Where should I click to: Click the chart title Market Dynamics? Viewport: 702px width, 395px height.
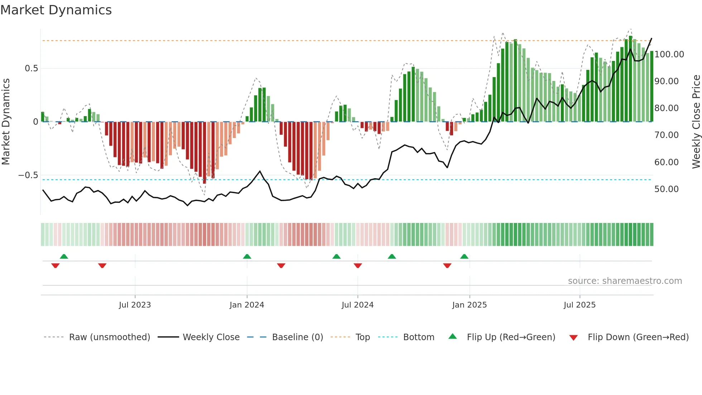(56, 10)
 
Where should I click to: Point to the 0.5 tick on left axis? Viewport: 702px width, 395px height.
(31, 68)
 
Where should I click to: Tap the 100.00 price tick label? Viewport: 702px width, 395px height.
(669, 54)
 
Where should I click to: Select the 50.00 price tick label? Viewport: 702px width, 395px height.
(666, 189)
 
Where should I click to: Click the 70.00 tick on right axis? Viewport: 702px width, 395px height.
(666, 135)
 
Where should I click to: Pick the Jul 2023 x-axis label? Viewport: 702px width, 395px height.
(135, 305)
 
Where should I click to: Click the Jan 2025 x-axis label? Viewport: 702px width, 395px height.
(469, 305)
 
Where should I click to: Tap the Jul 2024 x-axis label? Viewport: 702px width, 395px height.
(357, 305)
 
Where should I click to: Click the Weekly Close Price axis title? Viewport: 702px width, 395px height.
(696, 122)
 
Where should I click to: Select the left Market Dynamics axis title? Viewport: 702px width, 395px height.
(6, 122)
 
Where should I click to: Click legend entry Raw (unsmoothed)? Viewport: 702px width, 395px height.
(109, 337)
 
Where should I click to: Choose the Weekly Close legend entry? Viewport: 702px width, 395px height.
(211, 337)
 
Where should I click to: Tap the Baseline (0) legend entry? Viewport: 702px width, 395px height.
(297, 337)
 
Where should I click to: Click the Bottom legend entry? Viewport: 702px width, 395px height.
(418, 337)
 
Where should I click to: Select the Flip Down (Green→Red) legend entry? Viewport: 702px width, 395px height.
(638, 337)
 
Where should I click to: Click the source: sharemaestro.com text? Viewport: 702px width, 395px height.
(625, 281)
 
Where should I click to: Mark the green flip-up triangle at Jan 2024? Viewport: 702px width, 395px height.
(247, 256)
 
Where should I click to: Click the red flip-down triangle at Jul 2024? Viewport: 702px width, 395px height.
(358, 266)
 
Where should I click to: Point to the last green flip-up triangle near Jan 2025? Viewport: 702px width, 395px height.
(464, 256)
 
